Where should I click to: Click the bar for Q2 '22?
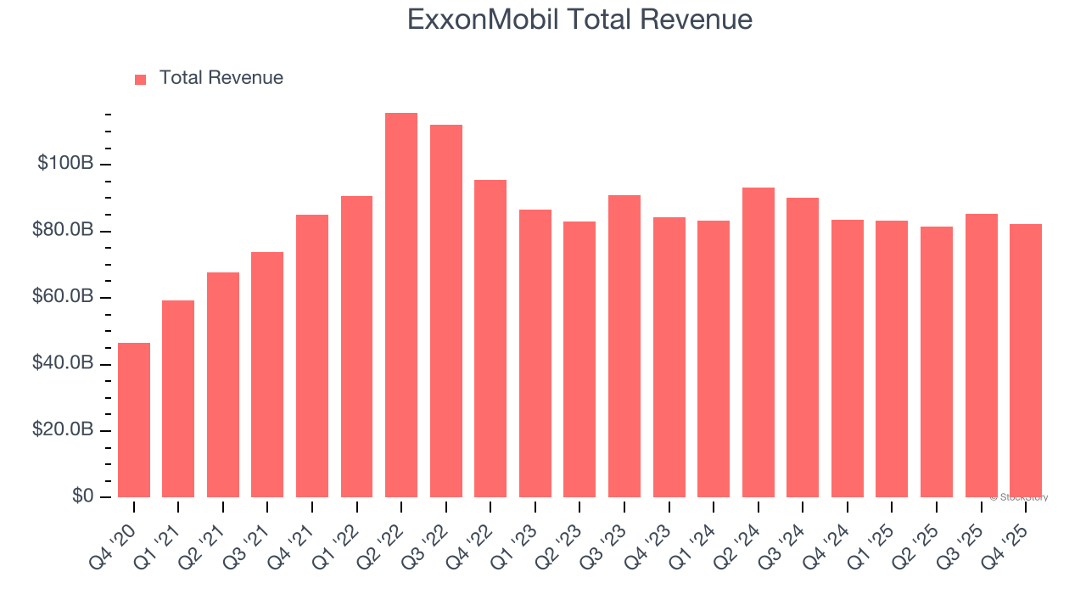[x=401, y=305]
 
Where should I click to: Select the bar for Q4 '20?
[x=134, y=420]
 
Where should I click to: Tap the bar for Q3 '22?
[x=446, y=311]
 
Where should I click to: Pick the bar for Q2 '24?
[x=758, y=343]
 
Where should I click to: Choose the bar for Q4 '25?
[x=1025, y=361]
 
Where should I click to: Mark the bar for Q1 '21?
[x=178, y=399]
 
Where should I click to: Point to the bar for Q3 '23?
[x=624, y=346]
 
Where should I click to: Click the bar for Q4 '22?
[x=490, y=339]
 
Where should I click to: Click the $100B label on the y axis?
[x=65, y=163]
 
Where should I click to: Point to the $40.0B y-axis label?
[x=64, y=363]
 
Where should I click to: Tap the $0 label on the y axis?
[x=82, y=496]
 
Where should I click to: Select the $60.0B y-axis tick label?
[x=64, y=297]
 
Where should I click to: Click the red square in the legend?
[x=141, y=80]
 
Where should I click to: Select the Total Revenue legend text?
[x=221, y=78]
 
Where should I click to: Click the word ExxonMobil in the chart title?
[x=482, y=19]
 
